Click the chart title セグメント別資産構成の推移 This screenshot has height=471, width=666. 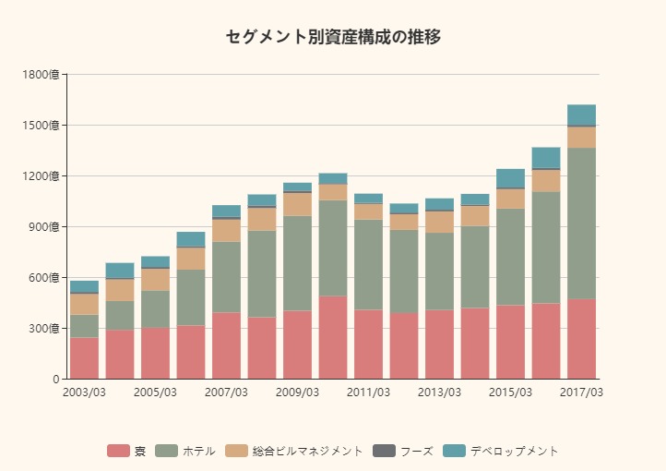click(x=333, y=37)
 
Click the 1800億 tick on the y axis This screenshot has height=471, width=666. click(x=42, y=74)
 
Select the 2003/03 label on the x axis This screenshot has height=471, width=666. click(x=84, y=392)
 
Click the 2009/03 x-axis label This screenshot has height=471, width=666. click(x=297, y=392)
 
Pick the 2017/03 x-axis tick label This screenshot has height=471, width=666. click(x=581, y=392)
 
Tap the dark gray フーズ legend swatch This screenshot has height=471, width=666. click(x=384, y=451)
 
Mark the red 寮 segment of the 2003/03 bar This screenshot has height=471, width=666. click(x=84, y=358)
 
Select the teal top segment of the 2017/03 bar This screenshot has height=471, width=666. click(x=581, y=115)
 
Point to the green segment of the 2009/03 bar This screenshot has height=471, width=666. click(x=297, y=263)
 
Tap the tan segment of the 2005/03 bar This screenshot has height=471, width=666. click(x=155, y=279)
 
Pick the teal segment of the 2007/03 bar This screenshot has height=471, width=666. click(x=226, y=211)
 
